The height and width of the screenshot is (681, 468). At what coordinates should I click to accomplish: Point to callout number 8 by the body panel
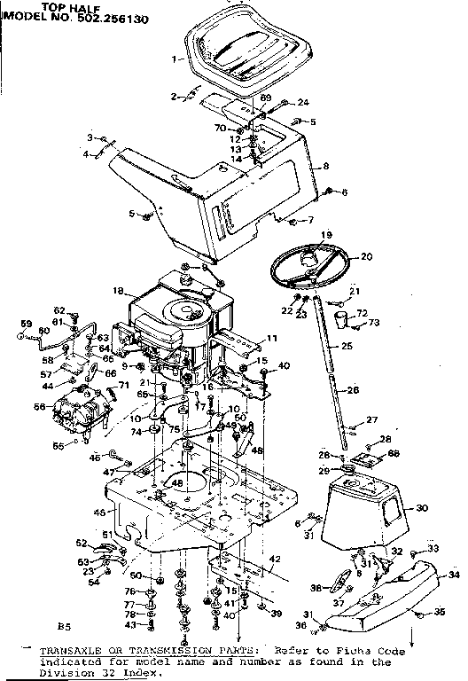[x=326, y=166]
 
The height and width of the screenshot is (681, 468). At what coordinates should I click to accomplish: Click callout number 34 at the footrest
[x=454, y=575]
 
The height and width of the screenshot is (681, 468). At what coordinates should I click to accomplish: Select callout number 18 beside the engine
[x=117, y=291]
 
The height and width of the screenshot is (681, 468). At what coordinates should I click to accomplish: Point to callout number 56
[x=38, y=407]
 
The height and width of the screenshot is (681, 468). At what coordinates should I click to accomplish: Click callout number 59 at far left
[x=26, y=323]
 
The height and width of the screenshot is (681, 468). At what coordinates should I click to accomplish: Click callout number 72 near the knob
[x=361, y=314]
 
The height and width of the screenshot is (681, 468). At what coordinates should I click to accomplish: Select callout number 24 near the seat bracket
[x=302, y=102]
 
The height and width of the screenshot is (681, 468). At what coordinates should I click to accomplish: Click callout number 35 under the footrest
[x=438, y=613]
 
